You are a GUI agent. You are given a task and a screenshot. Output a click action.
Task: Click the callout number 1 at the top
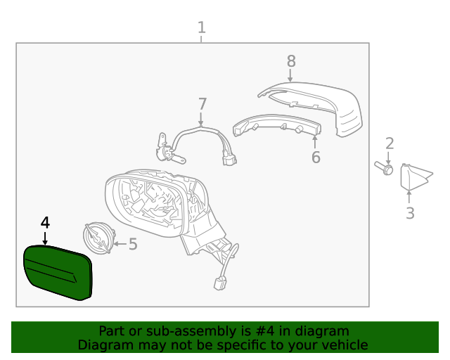[202, 27]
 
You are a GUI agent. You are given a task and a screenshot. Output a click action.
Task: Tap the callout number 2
[390, 144]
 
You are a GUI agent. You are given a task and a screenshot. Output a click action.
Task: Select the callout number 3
[410, 212]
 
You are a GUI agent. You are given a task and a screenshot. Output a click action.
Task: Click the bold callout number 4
[45, 223]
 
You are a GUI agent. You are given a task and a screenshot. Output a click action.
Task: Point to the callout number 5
[132, 245]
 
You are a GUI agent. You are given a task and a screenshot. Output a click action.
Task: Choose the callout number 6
[316, 157]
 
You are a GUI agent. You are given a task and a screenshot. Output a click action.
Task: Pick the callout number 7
[202, 104]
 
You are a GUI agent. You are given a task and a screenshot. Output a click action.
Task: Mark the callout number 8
[291, 61]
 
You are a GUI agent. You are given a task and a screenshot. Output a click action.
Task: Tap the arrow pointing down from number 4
[45, 238]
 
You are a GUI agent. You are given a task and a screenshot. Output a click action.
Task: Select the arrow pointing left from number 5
[118, 245]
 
